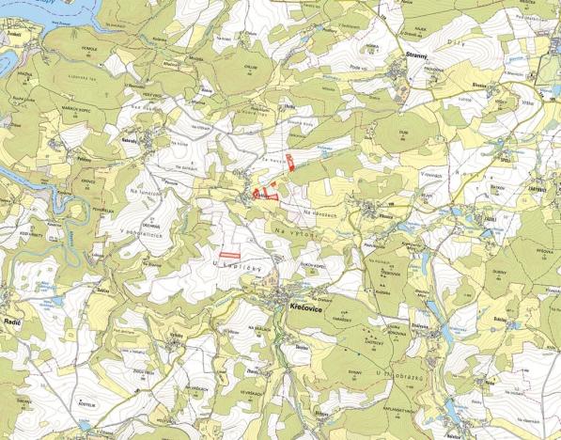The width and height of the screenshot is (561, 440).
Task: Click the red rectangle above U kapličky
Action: pos(227,255)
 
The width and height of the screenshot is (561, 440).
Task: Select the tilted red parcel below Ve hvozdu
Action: pos(290,159)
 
